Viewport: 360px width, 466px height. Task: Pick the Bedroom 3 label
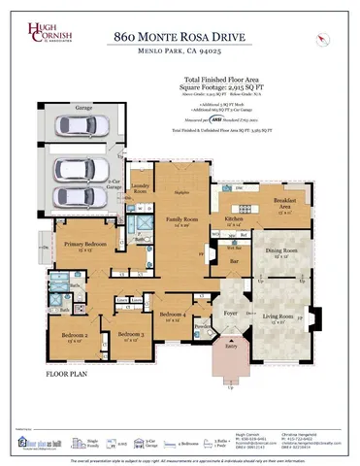(129, 336)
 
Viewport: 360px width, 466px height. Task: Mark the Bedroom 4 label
(174, 316)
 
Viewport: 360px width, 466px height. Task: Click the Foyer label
(231, 314)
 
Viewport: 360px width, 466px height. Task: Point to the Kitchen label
(235, 220)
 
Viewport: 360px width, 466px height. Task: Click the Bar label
(232, 260)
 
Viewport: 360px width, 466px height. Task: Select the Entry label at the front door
(231, 346)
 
